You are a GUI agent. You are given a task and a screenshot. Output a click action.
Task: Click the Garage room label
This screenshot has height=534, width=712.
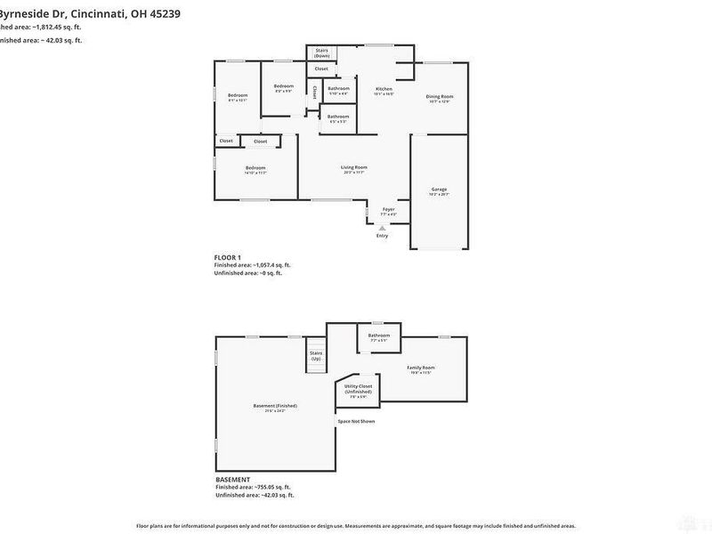pos(440,190)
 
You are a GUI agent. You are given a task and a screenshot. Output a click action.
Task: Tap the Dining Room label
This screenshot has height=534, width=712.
pos(440,96)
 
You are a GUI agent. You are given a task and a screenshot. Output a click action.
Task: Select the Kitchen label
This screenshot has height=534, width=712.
pos(384,89)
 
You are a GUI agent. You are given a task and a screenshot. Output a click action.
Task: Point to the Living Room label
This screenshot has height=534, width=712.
pos(354,167)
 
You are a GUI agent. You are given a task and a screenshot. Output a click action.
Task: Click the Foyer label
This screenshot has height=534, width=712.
pos(389,209)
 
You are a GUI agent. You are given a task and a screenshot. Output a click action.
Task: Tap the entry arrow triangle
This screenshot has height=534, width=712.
pos(383,228)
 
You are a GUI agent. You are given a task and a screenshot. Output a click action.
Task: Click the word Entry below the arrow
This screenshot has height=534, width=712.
pos(383,236)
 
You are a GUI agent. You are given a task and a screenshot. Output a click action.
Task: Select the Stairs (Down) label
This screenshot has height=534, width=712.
pos(321,53)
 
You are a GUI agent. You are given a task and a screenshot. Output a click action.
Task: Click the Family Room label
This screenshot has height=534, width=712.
pos(421,368)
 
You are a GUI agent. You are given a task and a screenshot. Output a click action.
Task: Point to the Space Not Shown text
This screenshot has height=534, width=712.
pos(356,420)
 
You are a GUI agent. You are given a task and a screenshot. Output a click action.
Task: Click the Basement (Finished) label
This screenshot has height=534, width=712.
pos(275,406)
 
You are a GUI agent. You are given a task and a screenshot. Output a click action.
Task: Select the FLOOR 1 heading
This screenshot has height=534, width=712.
pos(228,257)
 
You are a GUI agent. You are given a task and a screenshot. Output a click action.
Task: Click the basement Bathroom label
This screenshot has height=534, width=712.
pos(380,336)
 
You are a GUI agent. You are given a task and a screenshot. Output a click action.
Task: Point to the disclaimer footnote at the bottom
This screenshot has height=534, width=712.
pos(356,526)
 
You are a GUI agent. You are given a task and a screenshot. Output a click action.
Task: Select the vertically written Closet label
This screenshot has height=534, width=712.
pos(314,91)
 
